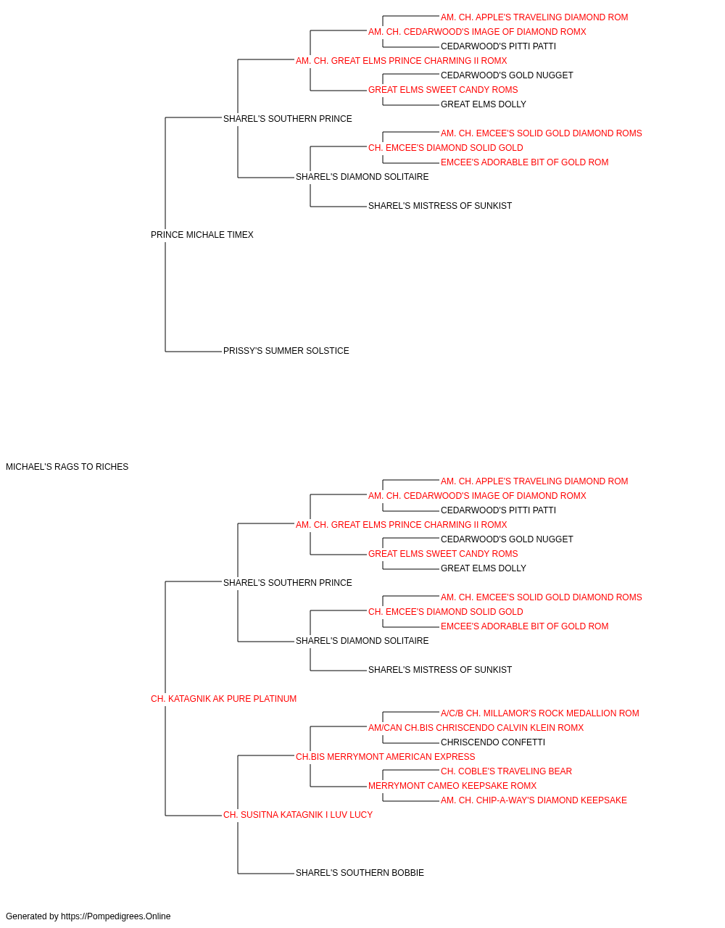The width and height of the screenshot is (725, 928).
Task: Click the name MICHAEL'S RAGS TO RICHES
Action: click(67, 467)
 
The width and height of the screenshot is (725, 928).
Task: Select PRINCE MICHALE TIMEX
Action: click(202, 235)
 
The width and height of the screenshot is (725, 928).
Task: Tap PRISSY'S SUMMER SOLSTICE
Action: click(286, 351)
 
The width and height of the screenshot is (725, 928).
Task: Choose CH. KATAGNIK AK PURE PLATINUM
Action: click(223, 699)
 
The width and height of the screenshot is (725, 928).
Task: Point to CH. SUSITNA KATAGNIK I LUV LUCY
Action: click(298, 815)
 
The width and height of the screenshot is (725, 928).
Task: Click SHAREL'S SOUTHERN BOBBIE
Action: click(360, 874)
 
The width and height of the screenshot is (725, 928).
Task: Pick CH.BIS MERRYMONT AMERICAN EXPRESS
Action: click(386, 757)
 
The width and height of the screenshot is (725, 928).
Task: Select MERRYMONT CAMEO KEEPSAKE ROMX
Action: click(452, 786)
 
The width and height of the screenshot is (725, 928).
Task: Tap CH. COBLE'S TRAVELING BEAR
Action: click(506, 771)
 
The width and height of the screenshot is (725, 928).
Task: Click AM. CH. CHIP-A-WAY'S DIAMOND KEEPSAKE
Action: click(534, 800)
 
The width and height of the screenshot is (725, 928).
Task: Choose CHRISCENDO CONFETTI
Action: click(493, 742)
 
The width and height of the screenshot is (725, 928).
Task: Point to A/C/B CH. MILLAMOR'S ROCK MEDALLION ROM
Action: click(539, 713)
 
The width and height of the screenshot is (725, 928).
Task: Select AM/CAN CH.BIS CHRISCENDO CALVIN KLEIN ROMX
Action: click(476, 728)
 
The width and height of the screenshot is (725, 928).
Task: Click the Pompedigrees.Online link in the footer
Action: click(116, 916)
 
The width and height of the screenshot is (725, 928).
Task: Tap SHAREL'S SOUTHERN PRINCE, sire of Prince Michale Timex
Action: click(288, 119)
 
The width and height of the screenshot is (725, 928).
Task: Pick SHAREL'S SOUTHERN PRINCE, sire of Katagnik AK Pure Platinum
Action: click(288, 583)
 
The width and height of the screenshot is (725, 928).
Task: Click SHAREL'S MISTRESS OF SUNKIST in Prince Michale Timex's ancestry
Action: click(440, 206)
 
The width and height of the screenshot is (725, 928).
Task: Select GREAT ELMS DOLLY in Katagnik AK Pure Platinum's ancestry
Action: click(484, 568)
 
